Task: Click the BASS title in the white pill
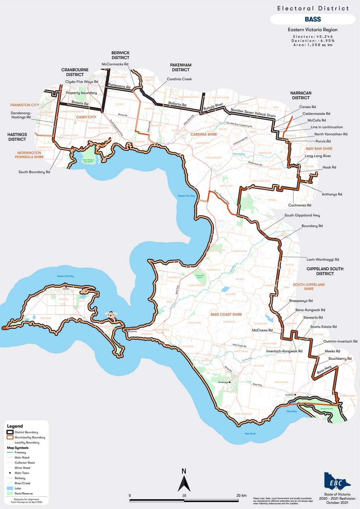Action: point(312,19)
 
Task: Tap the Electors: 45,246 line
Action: point(313,36)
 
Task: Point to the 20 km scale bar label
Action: point(241,495)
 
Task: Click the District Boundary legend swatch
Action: point(10,432)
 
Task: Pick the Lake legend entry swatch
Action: point(10,488)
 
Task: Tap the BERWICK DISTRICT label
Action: point(120,55)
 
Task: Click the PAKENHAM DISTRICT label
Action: point(181,67)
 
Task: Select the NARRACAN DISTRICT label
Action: point(301,95)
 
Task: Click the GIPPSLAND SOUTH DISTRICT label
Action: point(325,271)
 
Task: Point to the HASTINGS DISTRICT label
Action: point(17,137)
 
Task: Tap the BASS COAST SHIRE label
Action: point(226,314)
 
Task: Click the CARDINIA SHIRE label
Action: point(204,134)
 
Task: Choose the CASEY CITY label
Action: point(86,117)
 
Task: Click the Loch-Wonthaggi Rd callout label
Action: point(323,260)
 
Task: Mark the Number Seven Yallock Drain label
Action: point(253,113)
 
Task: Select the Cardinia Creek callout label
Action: point(179,79)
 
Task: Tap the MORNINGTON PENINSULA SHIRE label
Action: point(29,155)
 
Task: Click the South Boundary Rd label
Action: point(34,172)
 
